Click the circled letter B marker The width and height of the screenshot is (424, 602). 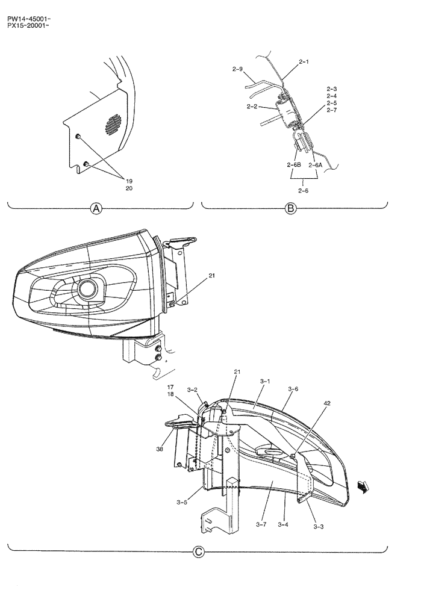[x=291, y=209]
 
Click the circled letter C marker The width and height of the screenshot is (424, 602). [x=198, y=551]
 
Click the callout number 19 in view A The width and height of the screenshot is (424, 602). [x=129, y=180]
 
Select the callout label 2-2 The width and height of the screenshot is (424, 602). [x=253, y=107]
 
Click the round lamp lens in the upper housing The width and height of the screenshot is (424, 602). [x=87, y=290]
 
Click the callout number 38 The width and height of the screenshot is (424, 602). [x=159, y=448]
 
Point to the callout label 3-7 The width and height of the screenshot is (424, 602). [x=261, y=525]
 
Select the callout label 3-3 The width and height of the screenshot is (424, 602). [x=319, y=526]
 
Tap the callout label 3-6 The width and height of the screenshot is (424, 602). [x=293, y=389]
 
